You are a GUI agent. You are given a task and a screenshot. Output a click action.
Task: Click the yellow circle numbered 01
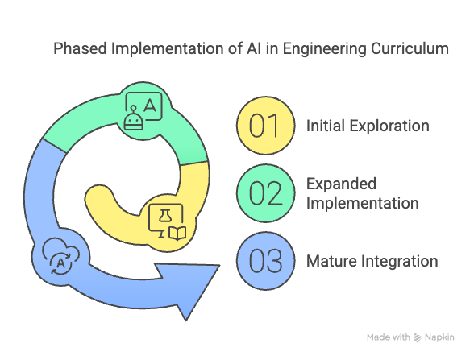tap(266, 126)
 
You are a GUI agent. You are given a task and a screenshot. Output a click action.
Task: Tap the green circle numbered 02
tap(266, 193)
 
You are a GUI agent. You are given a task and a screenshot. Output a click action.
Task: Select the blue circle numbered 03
tap(266, 261)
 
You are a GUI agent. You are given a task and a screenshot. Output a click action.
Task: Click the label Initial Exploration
tap(368, 126)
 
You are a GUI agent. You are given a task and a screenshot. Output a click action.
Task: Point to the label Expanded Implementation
tap(363, 193)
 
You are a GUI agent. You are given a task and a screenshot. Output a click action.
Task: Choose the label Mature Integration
tap(372, 261)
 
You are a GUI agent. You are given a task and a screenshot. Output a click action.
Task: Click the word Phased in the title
tap(80, 48)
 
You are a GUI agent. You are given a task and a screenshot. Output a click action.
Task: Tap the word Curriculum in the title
tap(410, 48)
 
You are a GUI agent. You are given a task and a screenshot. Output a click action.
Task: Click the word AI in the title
tap(254, 48)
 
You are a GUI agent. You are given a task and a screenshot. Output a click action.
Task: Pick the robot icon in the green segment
tap(133, 118)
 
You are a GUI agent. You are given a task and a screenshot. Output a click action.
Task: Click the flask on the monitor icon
tap(165, 216)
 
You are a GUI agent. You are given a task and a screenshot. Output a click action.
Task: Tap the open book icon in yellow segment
tap(177, 234)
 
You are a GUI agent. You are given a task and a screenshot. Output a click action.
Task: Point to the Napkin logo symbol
tap(418, 337)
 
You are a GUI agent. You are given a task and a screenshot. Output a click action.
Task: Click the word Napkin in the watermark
tap(439, 337)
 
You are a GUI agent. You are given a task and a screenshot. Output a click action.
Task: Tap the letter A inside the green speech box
tap(150, 106)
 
